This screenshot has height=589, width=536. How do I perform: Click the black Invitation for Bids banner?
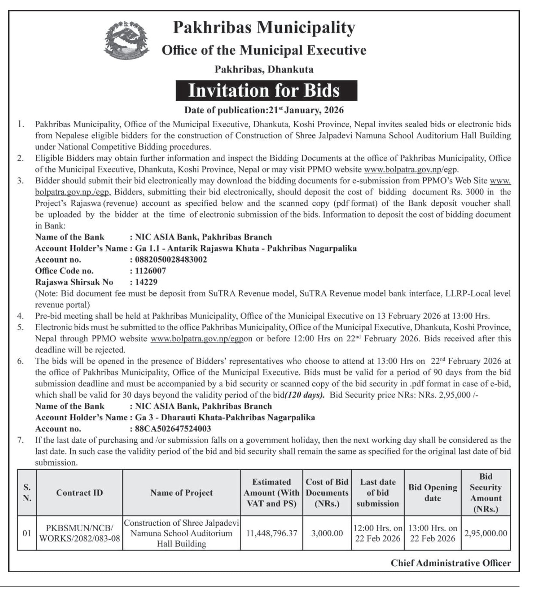(266, 91)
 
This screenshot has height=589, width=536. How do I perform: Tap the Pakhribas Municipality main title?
(264, 27)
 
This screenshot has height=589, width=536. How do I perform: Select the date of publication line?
(264, 110)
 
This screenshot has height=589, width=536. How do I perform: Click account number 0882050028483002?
(171, 260)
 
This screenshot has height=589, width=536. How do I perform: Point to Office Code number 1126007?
(151, 271)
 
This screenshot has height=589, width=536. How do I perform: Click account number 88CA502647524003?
(173, 429)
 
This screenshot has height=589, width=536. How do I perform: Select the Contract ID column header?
(80, 493)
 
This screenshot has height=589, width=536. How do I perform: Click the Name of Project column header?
(181, 493)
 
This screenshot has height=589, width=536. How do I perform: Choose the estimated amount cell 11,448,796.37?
(272, 533)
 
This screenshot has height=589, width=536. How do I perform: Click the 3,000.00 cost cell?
(327, 533)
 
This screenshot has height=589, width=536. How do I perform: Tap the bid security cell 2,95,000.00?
(486, 533)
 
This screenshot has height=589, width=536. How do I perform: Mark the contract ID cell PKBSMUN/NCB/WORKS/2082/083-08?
(80, 533)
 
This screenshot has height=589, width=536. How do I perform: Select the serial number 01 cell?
(27, 533)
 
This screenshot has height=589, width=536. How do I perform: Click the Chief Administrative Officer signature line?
(451, 563)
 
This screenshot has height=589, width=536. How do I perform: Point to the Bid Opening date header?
(433, 493)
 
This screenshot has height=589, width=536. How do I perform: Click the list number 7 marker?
(20, 440)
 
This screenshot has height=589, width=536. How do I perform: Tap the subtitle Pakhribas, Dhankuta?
(264, 69)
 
